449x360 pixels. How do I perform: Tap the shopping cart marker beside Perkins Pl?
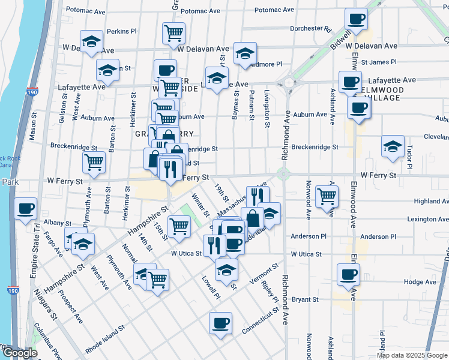pos(173,33)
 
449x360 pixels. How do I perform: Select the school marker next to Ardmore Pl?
pos(245,53)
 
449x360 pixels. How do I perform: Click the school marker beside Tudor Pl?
pos(393,146)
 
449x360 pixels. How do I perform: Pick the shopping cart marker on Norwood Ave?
pos(327,196)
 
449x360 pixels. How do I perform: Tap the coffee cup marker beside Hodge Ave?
pos(349,275)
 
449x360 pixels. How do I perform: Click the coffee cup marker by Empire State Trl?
pos(26,209)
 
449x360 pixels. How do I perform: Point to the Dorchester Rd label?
pos(310,28)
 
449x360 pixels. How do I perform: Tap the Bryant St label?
pos(304,299)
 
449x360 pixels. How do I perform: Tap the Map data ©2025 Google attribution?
pos(411,355)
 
